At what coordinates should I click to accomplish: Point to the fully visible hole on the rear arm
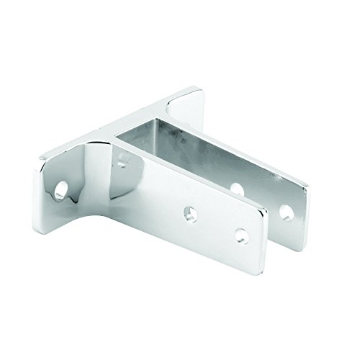tap(287, 212)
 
